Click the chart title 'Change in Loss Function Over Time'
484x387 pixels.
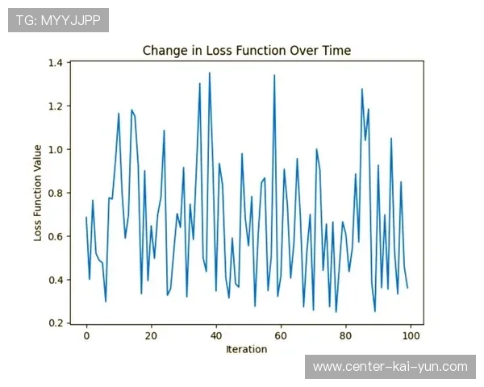(246, 50)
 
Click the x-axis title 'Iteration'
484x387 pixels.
(246, 350)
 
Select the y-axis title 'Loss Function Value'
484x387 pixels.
(38, 192)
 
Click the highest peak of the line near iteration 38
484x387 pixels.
(210, 73)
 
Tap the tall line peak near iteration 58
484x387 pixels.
(274, 76)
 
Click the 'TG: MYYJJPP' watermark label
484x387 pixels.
(58, 20)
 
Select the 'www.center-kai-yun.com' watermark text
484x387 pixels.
(390, 367)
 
